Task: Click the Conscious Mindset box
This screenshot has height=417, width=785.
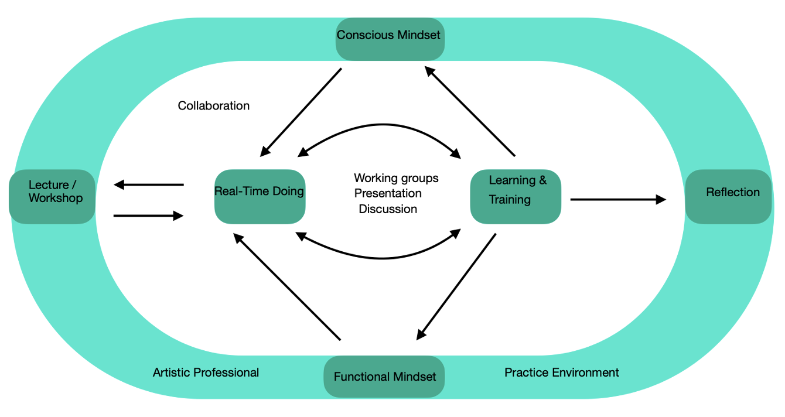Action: pyautogui.click(x=389, y=39)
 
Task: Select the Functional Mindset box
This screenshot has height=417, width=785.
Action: pyautogui.click(x=384, y=376)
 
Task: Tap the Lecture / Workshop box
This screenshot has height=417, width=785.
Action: pyautogui.click(x=52, y=196)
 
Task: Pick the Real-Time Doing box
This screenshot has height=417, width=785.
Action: pyautogui.click(x=260, y=196)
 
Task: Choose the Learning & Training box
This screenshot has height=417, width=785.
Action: pyautogui.click(x=516, y=196)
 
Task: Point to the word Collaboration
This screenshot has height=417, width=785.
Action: pyautogui.click(x=214, y=106)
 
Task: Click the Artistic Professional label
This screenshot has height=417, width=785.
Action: pyautogui.click(x=206, y=372)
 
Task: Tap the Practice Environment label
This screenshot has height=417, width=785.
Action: pyautogui.click(x=562, y=372)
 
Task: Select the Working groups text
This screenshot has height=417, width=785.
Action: pyautogui.click(x=396, y=178)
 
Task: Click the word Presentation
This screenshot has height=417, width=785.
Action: pyautogui.click(x=388, y=193)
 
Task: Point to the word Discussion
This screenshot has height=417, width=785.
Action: pyautogui.click(x=388, y=209)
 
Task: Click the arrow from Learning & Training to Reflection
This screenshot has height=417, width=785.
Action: pyautogui.click(x=618, y=200)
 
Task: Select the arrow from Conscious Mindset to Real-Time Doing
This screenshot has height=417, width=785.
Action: pyautogui.click(x=301, y=112)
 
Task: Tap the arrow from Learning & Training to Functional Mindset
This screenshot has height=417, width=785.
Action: pyautogui.click(x=456, y=286)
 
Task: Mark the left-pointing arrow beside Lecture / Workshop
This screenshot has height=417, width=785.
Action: pyautogui.click(x=149, y=185)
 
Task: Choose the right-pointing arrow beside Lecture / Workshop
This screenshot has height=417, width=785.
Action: pyautogui.click(x=149, y=216)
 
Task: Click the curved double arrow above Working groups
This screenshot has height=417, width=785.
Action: pyautogui.click(x=380, y=127)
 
